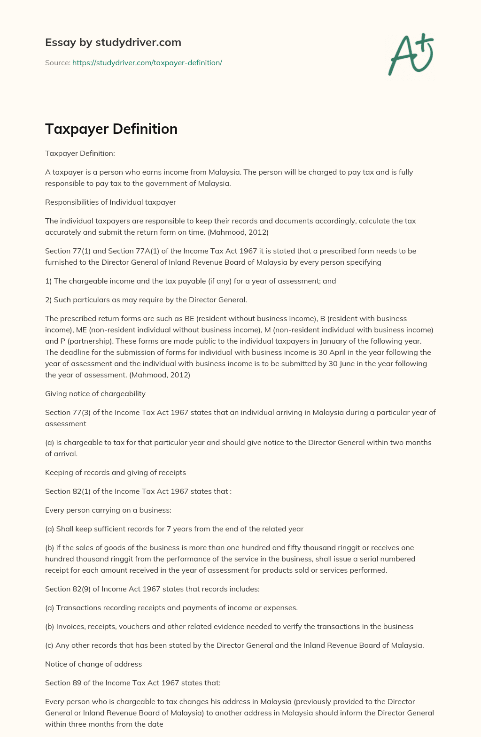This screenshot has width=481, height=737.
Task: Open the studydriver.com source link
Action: point(147,62)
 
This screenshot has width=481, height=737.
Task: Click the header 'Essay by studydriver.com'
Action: point(113,42)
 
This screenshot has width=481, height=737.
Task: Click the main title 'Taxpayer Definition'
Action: point(111,129)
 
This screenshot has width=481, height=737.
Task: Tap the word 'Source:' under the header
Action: point(58,62)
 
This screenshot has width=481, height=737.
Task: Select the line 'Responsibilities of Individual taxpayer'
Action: point(110,202)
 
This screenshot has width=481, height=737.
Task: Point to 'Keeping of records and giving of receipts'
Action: point(116,472)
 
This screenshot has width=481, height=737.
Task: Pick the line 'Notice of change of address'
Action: point(93,664)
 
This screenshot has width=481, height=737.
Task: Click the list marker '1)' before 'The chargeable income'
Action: point(48,281)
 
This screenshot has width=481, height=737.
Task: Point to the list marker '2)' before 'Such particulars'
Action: point(48,299)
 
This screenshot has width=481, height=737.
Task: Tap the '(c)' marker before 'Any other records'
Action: point(49,645)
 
